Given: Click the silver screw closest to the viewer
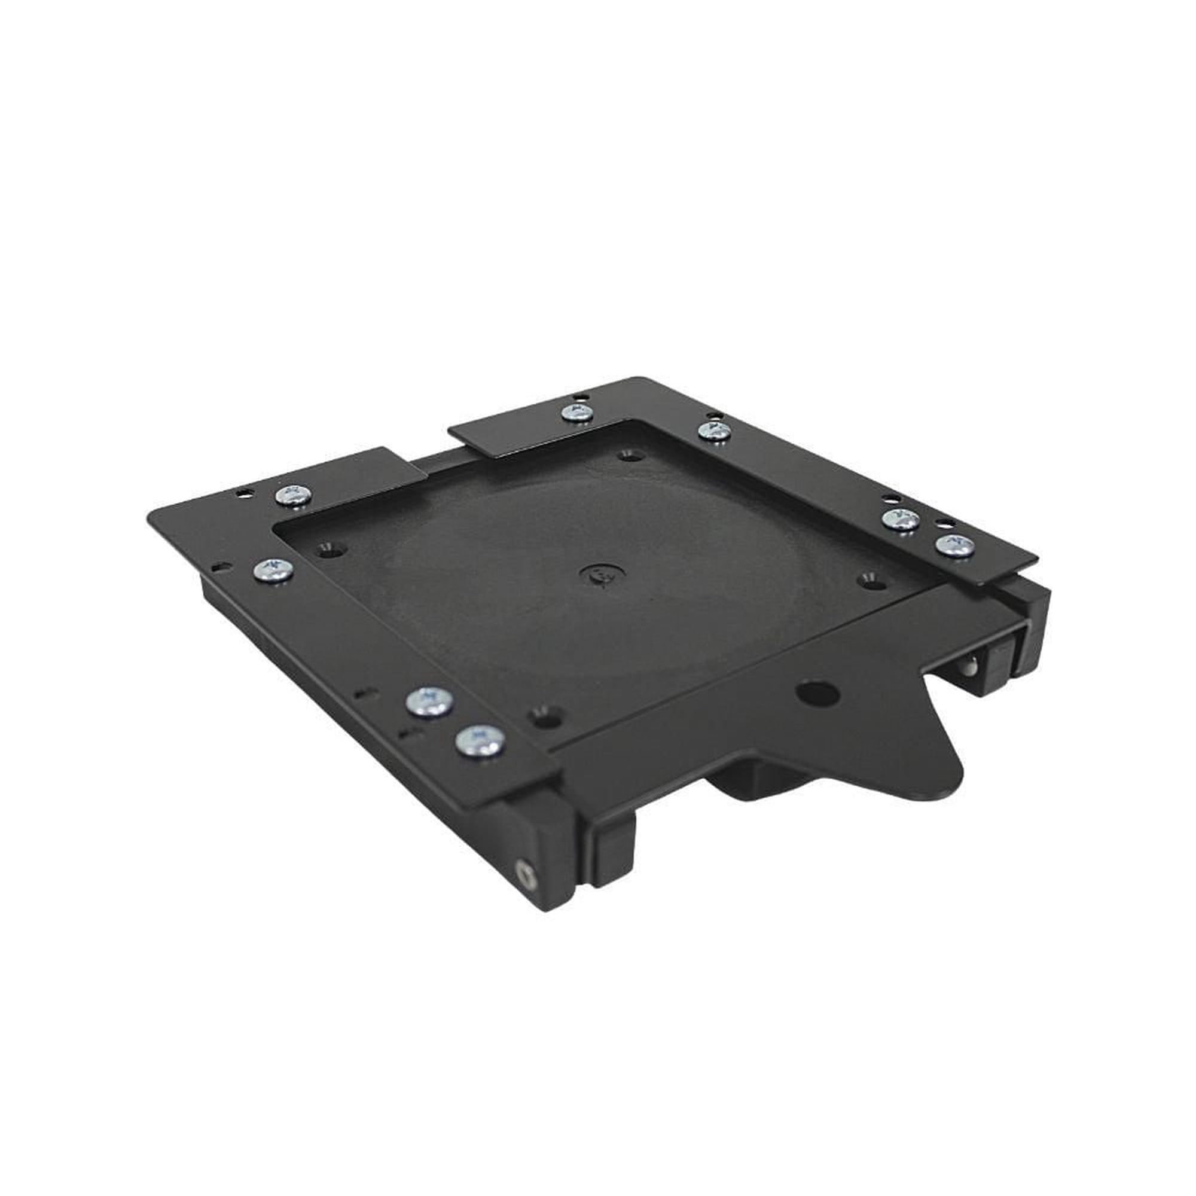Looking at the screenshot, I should tap(479, 741).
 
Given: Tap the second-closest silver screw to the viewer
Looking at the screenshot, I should tap(429, 703).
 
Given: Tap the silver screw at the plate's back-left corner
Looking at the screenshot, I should tap(294, 495).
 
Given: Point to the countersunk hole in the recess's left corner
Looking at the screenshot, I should tap(331, 549).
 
